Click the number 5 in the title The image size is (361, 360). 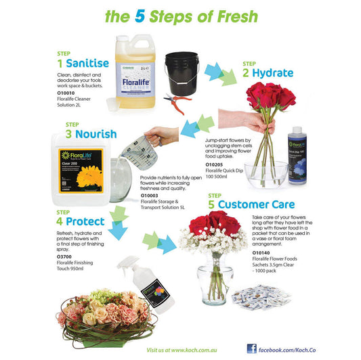pos(138,16)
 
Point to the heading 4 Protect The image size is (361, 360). pos(80,221)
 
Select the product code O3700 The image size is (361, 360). pos(65,256)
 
